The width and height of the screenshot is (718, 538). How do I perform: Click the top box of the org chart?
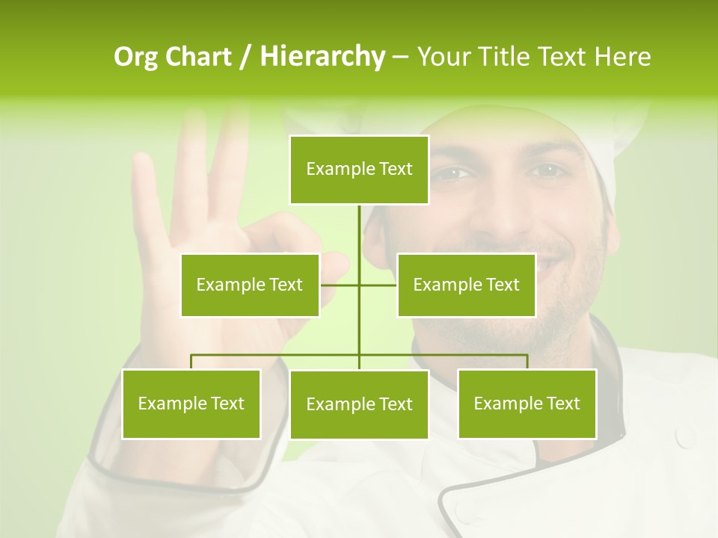tap(359, 170)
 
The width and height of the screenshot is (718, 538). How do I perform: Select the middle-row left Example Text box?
tap(250, 285)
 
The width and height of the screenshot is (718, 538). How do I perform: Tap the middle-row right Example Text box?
tap(466, 285)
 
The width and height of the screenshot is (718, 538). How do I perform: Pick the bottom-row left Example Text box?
tap(191, 403)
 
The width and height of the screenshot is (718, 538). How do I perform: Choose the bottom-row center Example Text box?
tap(359, 404)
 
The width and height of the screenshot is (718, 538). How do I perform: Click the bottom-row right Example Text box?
tap(527, 403)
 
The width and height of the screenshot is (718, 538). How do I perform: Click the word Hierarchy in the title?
tap(322, 56)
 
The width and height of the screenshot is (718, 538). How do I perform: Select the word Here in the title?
tap(622, 56)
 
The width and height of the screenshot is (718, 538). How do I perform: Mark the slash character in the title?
tap(245, 56)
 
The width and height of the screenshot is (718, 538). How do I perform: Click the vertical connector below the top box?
tap(359, 232)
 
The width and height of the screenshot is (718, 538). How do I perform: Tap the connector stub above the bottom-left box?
tap(191, 362)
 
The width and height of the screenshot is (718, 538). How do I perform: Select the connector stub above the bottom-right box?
tap(527, 362)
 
